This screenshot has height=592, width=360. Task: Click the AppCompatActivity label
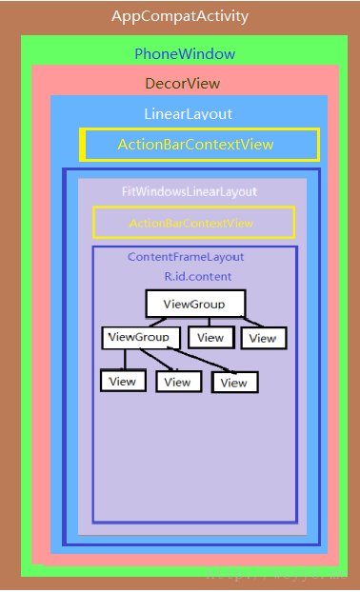(x=180, y=16)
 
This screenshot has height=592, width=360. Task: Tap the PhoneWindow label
(x=185, y=53)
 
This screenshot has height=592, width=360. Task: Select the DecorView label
(x=183, y=84)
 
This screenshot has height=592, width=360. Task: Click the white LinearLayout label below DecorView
(x=189, y=114)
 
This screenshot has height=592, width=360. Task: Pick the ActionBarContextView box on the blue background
(x=199, y=145)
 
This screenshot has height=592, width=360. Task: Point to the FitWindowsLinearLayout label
(x=190, y=191)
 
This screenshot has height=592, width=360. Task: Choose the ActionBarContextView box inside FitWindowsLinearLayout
(x=193, y=223)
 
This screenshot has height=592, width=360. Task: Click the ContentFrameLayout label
(x=186, y=257)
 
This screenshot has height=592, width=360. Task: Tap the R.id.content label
(x=198, y=276)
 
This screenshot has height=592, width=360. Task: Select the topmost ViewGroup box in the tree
(x=195, y=304)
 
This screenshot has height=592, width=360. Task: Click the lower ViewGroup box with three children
(x=140, y=337)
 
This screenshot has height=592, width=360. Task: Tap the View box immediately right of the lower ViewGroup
(x=210, y=337)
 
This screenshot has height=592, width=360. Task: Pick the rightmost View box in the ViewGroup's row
(x=262, y=338)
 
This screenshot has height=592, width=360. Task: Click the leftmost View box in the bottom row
(x=123, y=381)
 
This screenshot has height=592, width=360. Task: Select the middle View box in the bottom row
(x=177, y=382)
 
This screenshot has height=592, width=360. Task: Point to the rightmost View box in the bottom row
(x=234, y=383)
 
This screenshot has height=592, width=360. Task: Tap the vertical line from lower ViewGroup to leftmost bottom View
(x=124, y=360)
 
